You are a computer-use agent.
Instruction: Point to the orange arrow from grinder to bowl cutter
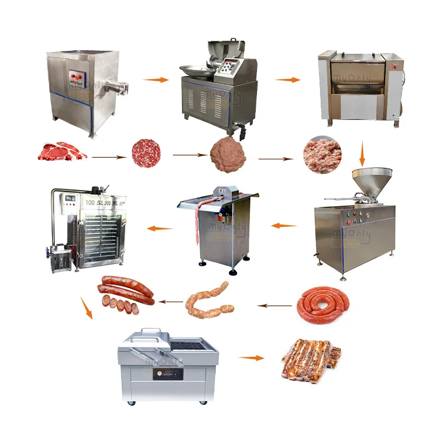coord(155,79)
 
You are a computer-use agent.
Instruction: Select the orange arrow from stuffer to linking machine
coord(284,225)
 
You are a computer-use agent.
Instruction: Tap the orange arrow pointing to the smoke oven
coord(159,228)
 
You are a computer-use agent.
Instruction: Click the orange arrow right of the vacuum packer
coord(252,357)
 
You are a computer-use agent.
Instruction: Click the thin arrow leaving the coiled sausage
coord(276,305)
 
